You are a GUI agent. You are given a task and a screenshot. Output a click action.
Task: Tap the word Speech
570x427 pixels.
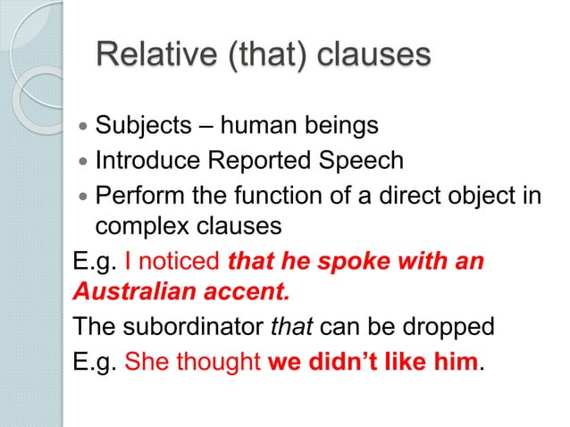[369, 162]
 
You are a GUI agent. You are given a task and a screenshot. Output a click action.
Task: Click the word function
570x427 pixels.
[265, 195]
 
